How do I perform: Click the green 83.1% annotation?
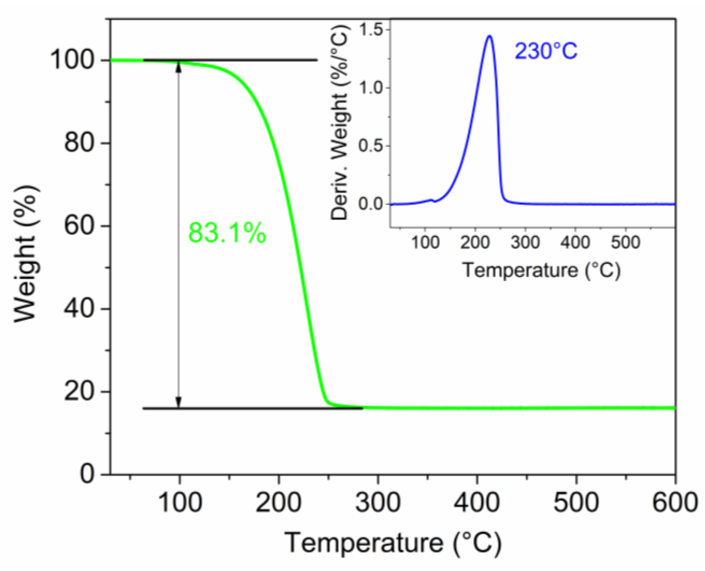point(227,233)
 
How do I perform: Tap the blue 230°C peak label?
point(546,51)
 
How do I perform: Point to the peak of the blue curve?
point(489,36)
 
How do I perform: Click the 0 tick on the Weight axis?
point(87,474)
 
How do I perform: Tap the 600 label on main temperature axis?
point(675,502)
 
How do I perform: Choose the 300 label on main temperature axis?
point(378,502)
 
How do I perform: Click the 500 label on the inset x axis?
point(625,243)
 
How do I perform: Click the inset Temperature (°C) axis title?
point(541,270)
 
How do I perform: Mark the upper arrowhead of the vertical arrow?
point(179,67)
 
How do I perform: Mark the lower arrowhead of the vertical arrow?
point(179,403)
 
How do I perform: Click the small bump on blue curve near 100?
point(432,200)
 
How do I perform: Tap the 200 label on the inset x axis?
point(475,243)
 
